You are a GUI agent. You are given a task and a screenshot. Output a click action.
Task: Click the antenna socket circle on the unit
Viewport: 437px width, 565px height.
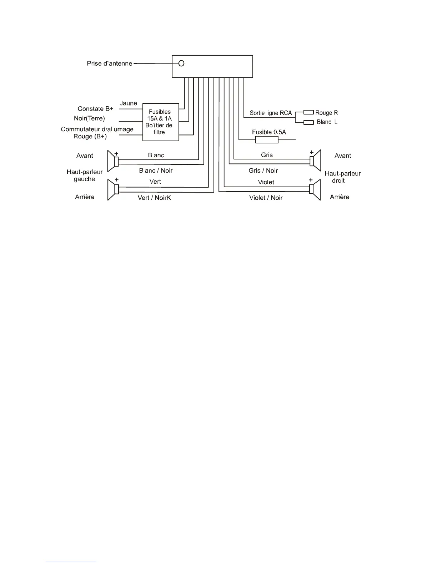[x=181, y=63]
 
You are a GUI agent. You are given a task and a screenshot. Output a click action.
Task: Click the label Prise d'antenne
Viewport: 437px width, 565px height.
[x=110, y=63]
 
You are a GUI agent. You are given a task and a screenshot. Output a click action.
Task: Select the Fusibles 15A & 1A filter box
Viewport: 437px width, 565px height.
[x=161, y=122]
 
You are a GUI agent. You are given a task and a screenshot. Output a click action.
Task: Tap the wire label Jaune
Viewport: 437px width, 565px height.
[x=129, y=103]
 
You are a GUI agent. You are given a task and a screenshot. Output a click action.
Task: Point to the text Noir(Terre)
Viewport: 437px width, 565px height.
[x=89, y=118]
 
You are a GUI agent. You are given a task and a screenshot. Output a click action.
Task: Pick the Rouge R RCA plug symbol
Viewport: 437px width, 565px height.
[x=308, y=113]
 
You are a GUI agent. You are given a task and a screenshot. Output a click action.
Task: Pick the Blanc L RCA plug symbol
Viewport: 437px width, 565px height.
[x=308, y=122]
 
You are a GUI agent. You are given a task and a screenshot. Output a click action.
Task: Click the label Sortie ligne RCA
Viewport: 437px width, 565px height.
[x=271, y=113]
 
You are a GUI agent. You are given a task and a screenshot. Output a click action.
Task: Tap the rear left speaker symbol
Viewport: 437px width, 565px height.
[x=112, y=190]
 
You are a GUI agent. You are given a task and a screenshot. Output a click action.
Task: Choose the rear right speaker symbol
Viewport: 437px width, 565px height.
[x=316, y=189]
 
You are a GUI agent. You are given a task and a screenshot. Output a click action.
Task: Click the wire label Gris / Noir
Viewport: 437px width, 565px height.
[x=263, y=170]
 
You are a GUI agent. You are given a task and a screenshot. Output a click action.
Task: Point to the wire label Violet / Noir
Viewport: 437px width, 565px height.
[x=266, y=198]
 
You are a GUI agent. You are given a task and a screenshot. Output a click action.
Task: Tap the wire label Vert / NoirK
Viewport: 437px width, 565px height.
[x=154, y=198]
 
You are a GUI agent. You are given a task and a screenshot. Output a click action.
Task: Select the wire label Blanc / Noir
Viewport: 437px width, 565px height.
[x=156, y=170]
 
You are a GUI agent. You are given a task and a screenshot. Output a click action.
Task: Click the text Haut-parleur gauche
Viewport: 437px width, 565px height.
[x=85, y=175]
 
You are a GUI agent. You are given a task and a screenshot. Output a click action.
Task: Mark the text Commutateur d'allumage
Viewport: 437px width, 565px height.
[x=97, y=129]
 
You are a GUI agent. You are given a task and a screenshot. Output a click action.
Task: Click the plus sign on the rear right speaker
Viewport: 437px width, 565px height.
[x=311, y=180]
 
